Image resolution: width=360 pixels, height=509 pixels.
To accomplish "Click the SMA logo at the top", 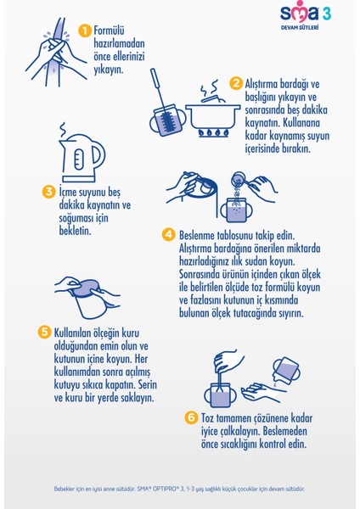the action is (306, 12).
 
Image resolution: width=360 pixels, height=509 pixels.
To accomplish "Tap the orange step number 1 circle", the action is (85, 31).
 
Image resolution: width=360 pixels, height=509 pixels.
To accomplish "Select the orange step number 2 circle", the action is (236, 83).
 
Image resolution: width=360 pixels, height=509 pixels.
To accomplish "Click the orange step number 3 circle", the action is (48, 191).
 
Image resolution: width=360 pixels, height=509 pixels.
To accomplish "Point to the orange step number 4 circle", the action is (168, 234).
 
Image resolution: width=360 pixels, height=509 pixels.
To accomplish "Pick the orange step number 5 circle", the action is (44, 332).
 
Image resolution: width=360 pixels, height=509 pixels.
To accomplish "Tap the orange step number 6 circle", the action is (191, 417).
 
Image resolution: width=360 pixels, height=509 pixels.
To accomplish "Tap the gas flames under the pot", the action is (213, 133).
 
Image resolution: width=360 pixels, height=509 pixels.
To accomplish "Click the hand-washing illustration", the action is (56, 52).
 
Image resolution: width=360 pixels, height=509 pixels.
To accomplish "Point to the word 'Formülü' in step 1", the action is (110, 31).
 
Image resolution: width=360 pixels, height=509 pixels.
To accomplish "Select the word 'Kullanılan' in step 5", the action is (73, 333).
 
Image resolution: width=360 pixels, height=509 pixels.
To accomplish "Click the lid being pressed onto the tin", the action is (86, 288).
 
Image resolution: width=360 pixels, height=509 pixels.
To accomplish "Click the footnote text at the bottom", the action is (179, 489).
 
